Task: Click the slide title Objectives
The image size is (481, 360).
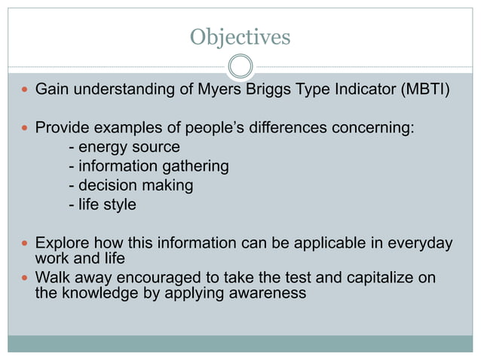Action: [240, 36]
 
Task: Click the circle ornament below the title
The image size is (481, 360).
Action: [240, 67]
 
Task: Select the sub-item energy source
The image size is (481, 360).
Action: [128, 147]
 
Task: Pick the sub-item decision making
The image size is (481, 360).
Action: [136, 185]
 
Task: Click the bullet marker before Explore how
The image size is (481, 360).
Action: [25, 243]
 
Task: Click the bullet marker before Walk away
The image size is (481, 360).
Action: [25, 278]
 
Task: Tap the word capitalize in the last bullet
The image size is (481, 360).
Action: [358, 277]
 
